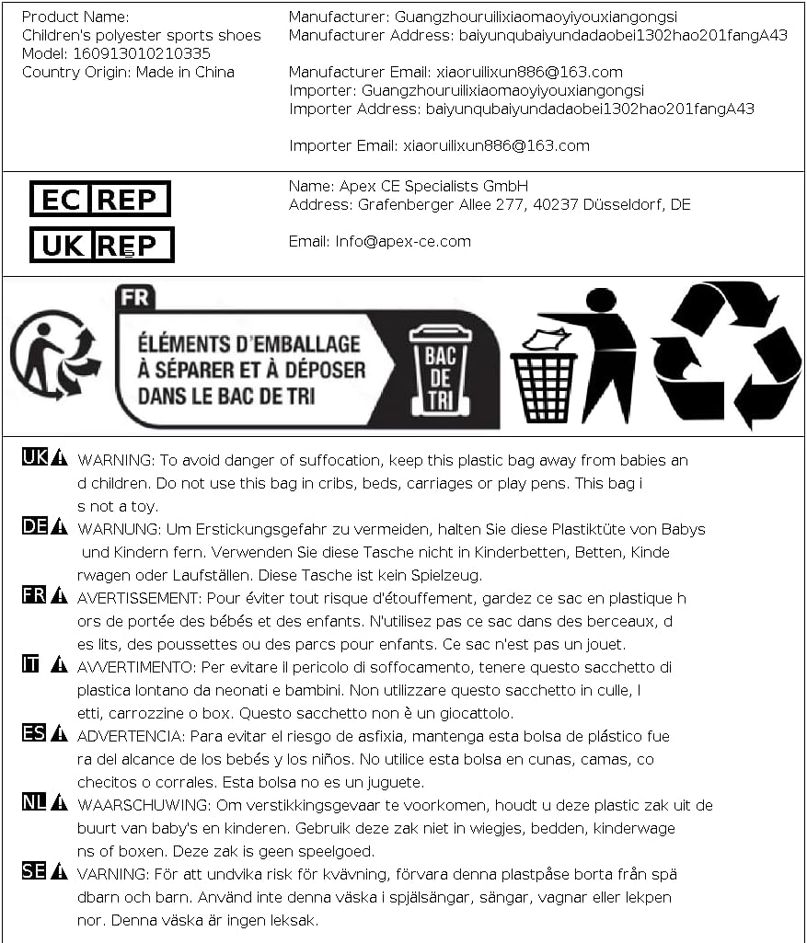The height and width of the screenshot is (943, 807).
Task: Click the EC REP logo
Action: (100, 199)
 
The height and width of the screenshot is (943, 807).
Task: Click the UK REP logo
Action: (101, 245)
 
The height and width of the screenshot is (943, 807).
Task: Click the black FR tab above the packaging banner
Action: (135, 298)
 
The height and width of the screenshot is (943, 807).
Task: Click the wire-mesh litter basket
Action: (543, 382)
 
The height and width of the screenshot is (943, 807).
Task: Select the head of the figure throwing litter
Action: (600, 300)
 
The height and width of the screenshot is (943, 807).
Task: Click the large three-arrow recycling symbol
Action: (727, 355)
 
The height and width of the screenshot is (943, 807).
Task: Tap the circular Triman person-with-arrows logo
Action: (54, 354)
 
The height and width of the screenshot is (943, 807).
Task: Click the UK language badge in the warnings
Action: (34, 456)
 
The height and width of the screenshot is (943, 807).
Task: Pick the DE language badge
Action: (34, 526)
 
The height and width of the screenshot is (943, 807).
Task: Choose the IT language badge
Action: (30, 663)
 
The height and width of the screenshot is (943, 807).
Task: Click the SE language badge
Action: (34, 870)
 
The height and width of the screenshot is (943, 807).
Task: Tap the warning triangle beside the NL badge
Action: (60, 802)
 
